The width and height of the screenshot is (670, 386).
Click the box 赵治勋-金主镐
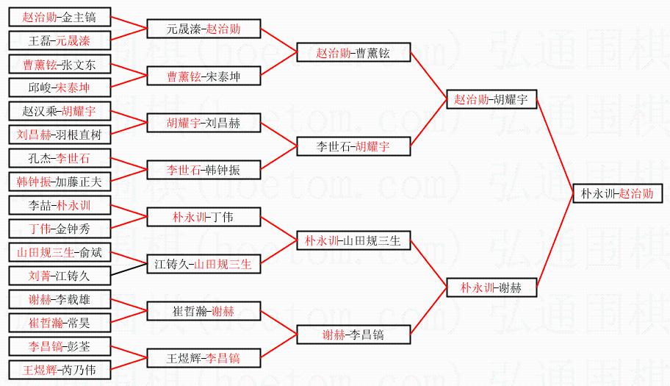[60, 17]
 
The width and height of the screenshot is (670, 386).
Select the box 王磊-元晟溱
[60, 40]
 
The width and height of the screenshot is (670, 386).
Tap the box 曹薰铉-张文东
[60, 65]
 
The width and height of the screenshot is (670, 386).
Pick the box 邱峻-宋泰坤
[60, 88]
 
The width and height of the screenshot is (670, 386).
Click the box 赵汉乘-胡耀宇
[60, 111]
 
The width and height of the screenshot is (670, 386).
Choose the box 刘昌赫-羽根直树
[60, 135]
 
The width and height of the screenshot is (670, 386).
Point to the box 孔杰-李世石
[60, 158]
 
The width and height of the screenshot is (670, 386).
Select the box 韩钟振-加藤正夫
[60, 181]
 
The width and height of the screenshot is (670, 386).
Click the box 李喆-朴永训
[60, 205]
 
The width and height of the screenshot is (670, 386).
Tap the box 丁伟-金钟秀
[60, 229]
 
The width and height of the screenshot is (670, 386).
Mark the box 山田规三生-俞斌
[60, 253]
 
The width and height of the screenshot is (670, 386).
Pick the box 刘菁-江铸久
[60, 276]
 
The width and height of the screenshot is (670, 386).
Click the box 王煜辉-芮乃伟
[60, 369]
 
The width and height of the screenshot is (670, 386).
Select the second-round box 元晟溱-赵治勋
[203, 29]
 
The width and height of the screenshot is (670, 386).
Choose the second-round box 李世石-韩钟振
[203, 170]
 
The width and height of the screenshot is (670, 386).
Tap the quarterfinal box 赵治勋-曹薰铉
[353, 52]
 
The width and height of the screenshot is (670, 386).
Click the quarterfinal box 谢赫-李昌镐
[353, 335]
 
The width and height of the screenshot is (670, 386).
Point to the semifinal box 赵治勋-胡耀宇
[491, 100]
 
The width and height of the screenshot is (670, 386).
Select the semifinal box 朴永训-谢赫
[491, 287]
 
